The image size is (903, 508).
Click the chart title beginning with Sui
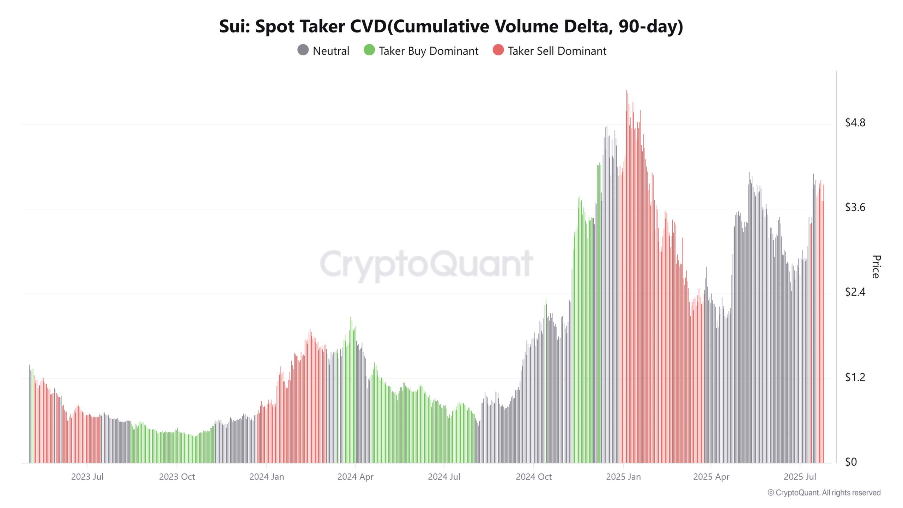(451, 26)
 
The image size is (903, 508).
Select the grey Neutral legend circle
(303, 50)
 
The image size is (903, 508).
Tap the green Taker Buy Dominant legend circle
(369, 50)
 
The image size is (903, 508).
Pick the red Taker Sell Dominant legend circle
(498, 50)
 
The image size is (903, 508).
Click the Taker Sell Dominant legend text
(557, 51)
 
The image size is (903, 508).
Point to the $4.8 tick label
(855, 123)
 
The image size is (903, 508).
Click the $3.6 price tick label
(855, 207)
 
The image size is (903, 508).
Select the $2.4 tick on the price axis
(855, 292)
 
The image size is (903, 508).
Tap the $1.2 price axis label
(855, 377)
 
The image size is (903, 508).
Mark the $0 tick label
(851, 462)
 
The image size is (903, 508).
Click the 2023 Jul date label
(87, 477)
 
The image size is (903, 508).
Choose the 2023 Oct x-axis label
(177, 477)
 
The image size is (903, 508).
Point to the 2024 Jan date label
(266, 477)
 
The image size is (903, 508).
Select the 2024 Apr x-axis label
(355, 477)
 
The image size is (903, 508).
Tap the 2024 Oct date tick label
(534, 477)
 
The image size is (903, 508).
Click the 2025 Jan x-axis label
(623, 477)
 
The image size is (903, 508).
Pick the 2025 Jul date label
(800, 477)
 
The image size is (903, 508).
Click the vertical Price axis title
(876, 267)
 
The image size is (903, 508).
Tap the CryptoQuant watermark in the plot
(426, 264)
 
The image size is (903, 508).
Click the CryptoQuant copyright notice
(824, 493)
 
